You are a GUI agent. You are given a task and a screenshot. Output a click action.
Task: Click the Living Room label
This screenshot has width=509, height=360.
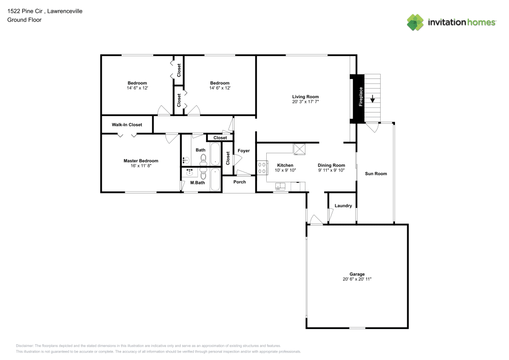(x=305, y=97)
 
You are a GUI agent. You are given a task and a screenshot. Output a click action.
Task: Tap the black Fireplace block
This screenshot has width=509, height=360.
(x=357, y=99)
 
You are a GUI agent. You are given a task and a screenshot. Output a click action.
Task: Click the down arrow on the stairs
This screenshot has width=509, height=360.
(x=373, y=99)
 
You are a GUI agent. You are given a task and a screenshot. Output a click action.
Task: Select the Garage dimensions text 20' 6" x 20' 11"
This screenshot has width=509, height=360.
(x=357, y=279)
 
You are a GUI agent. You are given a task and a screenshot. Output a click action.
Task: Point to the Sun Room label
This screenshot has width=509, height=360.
(x=376, y=174)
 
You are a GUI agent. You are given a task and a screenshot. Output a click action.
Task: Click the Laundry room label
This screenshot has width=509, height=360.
(x=343, y=206)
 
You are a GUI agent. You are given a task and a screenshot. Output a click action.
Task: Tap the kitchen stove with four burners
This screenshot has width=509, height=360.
(x=262, y=168)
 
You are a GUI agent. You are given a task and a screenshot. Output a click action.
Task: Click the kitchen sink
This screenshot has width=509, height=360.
(x=280, y=186)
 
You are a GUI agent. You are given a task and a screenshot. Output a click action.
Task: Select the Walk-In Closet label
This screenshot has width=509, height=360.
(x=127, y=125)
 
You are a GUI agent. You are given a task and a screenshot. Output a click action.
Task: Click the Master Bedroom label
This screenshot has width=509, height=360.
(x=141, y=161)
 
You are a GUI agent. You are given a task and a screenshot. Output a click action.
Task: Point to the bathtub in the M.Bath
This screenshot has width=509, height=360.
(x=215, y=179)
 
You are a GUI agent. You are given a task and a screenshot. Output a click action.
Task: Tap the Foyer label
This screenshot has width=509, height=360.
(x=244, y=151)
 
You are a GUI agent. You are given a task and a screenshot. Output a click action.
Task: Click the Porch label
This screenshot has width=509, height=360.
(x=240, y=182)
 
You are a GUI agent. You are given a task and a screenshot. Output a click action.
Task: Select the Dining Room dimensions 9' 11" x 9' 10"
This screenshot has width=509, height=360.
(x=331, y=170)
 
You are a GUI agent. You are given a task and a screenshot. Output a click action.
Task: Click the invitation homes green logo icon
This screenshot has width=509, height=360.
(x=415, y=22)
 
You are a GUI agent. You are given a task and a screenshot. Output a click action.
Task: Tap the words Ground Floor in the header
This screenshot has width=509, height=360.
(x=24, y=20)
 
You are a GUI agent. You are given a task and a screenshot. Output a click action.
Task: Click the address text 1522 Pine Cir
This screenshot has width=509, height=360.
(x=25, y=11)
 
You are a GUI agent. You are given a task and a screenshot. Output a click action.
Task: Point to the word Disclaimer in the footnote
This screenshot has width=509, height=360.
(x=24, y=346)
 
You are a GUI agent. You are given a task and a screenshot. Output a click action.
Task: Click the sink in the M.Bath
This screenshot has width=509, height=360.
(x=189, y=172)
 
